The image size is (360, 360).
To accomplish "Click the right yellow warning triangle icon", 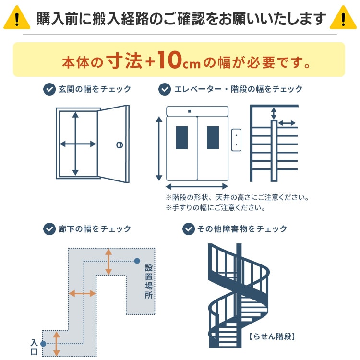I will coord(344,18).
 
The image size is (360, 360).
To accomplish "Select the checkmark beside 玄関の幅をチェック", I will coord(49,89).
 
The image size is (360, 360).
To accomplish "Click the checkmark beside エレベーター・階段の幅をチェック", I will coord(165,89).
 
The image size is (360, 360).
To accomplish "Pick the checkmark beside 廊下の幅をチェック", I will coord(49,228).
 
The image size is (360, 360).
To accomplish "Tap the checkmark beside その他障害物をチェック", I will coord(189,228).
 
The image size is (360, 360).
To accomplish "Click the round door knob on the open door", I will coord(119,144).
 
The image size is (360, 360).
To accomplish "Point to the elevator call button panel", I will coord(236,140).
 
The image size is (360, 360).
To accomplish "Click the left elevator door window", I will coord(182,138).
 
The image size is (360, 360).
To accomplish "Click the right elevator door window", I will coord(213,138).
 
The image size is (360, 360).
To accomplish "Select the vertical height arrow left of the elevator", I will coord(159,148).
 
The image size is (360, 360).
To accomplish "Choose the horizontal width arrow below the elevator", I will coord(197,186).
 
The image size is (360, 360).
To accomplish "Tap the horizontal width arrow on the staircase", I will coord(287,123).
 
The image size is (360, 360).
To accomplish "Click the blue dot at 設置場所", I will coord(137,261).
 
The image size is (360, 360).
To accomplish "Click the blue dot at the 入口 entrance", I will coord(43,344).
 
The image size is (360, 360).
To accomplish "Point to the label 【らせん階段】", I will coord(272,336).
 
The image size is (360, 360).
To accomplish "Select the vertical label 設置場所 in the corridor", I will coord(148,281).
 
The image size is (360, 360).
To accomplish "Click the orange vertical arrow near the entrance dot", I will coord(57,343).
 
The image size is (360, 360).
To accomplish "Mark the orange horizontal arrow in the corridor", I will coord(82,293).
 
